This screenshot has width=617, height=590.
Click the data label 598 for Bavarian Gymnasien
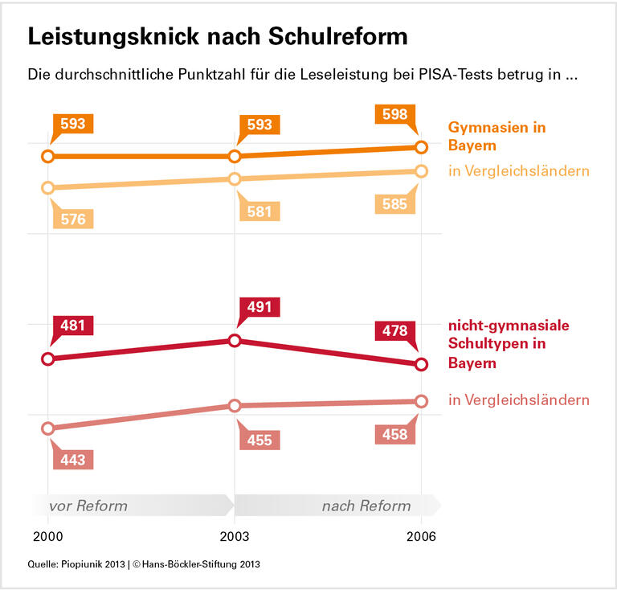click(395, 116)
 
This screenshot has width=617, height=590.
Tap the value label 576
click(73, 219)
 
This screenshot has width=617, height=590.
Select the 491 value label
click(259, 307)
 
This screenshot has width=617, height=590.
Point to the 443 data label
click(73, 459)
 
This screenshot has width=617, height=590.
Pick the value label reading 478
click(395, 330)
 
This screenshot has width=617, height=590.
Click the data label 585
click(394, 204)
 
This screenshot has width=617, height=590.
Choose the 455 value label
click(260, 440)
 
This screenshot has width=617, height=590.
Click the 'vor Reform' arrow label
click(88, 506)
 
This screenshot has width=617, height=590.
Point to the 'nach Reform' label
click(366, 506)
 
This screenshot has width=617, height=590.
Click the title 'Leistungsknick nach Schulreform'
click(218, 37)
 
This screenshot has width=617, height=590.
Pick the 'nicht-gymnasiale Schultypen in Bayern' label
click(508, 344)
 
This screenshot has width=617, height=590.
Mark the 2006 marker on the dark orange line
click(421, 147)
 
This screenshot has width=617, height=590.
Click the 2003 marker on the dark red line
click(235, 341)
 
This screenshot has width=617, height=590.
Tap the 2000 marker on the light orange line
click(47, 187)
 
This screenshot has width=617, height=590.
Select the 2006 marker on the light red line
click(421, 401)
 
